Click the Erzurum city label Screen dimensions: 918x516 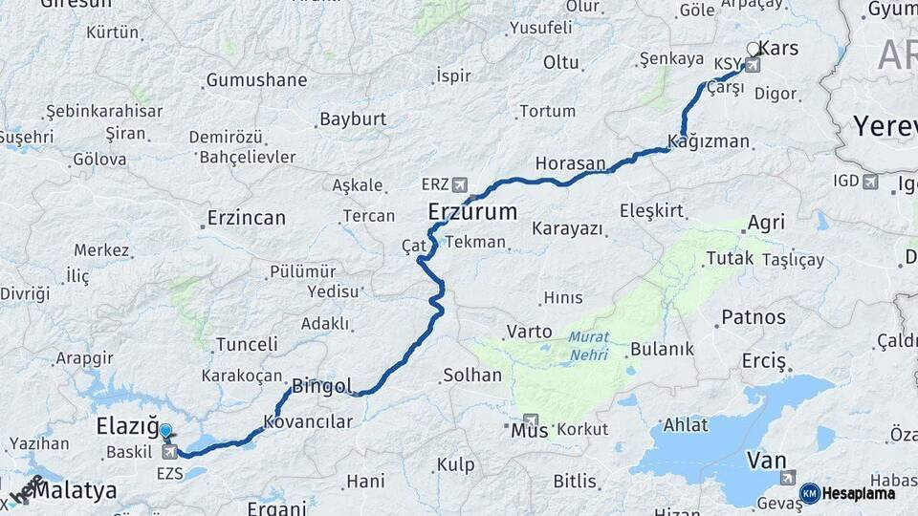pyautogui.click(x=472, y=211)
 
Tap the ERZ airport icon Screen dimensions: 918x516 pyautogui.click(x=463, y=183)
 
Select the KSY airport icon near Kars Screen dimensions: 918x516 pyautogui.click(x=753, y=65)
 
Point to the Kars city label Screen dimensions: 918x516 pyautogui.click(x=776, y=48)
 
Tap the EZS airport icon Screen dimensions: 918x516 pyautogui.click(x=170, y=451)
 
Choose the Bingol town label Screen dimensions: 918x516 pyautogui.click(x=321, y=387)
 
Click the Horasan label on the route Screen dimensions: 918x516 pyautogui.click(x=570, y=163)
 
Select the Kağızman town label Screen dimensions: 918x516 pyautogui.click(x=709, y=141)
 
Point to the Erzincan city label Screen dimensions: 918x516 pyautogui.click(x=247, y=218)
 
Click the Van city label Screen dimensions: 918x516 pyautogui.click(x=766, y=461)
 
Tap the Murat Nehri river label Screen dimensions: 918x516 pyautogui.click(x=588, y=345)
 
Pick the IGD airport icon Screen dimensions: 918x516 pyautogui.click(x=870, y=181)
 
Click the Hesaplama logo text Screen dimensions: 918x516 pyautogui.click(x=861, y=493)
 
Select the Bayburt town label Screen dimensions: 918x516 pyautogui.click(x=353, y=119)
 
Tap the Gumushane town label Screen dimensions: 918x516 pyautogui.click(x=256, y=80)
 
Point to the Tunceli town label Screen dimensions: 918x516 pyautogui.click(x=247, y=344)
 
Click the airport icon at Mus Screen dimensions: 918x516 pyautogui.click(x=530, y=420)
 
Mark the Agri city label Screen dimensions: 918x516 pyautogui.click(x=766, y=223)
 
